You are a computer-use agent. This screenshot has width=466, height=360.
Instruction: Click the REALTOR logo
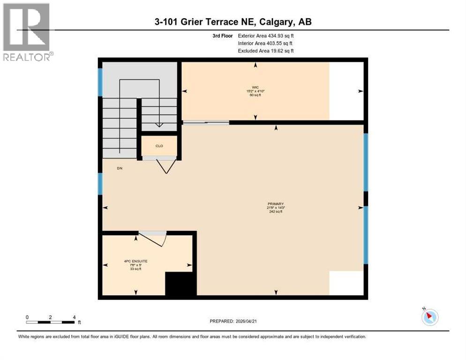[x=27, y=32]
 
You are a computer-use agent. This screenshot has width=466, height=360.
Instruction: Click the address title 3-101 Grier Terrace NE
[x=233, y=22]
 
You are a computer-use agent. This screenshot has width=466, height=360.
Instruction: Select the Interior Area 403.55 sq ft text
[x=265, y=43]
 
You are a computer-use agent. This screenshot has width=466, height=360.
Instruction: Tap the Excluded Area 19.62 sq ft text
[x=266, y=51]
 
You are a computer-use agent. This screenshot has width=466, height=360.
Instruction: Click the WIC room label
[x=255, y=87]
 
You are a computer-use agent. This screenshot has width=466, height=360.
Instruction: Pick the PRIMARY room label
[x=275, y=203]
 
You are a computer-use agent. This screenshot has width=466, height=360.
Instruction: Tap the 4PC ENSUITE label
[x=136, y=261]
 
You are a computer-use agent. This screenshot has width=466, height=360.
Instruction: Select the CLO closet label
[x=159, y=146]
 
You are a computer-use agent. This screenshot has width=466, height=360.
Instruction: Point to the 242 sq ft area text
[x=275, y=211]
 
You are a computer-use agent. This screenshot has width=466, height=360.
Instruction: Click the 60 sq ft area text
[x=255, y=95]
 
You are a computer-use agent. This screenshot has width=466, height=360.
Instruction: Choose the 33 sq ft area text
[x=136, y=269]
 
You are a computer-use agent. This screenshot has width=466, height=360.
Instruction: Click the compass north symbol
[x=429, y=317]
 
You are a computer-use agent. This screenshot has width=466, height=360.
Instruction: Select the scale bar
[x=51, y=322]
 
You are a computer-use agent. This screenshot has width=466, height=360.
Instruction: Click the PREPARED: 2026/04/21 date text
[x=233, y=321]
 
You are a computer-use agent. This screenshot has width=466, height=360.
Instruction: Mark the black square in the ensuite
[x=180, y=284]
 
